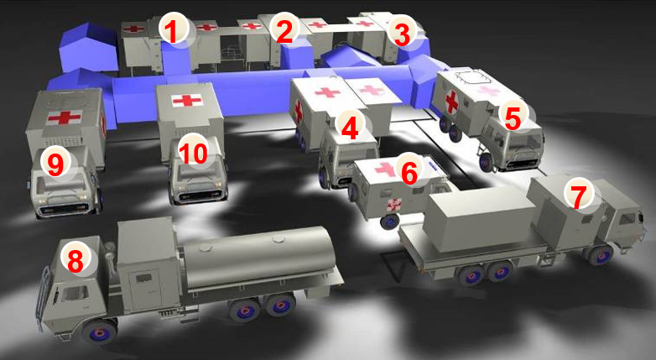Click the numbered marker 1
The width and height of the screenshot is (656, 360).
pos(174,30)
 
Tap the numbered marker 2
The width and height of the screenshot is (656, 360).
pos(284,30)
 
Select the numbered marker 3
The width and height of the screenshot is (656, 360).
pos(402,34)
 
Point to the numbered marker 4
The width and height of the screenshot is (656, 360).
pos(350,128)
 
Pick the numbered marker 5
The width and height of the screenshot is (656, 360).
pos(513,117)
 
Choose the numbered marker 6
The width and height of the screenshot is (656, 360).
pos(409,172)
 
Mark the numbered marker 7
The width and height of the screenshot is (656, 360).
pos(579,196)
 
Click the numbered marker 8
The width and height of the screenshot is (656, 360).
pos(75,260)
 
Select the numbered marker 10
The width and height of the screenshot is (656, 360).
pos(193,153)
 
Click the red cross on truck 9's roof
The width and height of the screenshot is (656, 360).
pos(65,117)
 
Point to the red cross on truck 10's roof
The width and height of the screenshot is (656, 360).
pos(187,100)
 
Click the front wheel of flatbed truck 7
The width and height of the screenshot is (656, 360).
pos(600,254)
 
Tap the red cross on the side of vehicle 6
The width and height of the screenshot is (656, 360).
pos(394,204)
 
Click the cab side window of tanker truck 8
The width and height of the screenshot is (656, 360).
pos(74,294)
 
